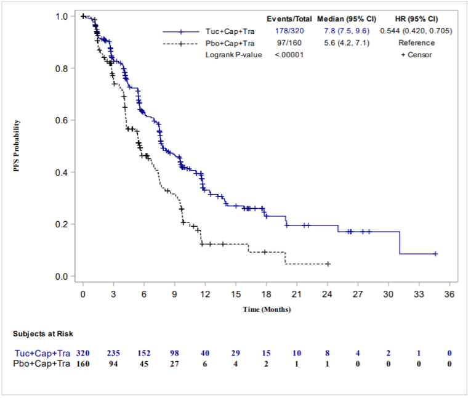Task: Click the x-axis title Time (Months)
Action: pos(267,309)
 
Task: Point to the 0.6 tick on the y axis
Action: pos(62,120)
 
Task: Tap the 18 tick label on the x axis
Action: pos(266,294)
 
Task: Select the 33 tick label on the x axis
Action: pos(418,294)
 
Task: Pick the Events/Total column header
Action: pos(289,18)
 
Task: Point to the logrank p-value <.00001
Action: pos(287,55)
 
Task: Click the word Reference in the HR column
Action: pos(416,43)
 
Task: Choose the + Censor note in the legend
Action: pos(416,55)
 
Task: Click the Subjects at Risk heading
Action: pos(43,333)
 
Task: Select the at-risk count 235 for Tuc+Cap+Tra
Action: pos(113,354)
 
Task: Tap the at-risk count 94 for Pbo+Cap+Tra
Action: pos(113,364)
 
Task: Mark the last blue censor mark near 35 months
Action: pos(435,254)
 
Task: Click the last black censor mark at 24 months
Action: pos(328,264)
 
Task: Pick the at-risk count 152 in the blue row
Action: pos(143,354)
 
